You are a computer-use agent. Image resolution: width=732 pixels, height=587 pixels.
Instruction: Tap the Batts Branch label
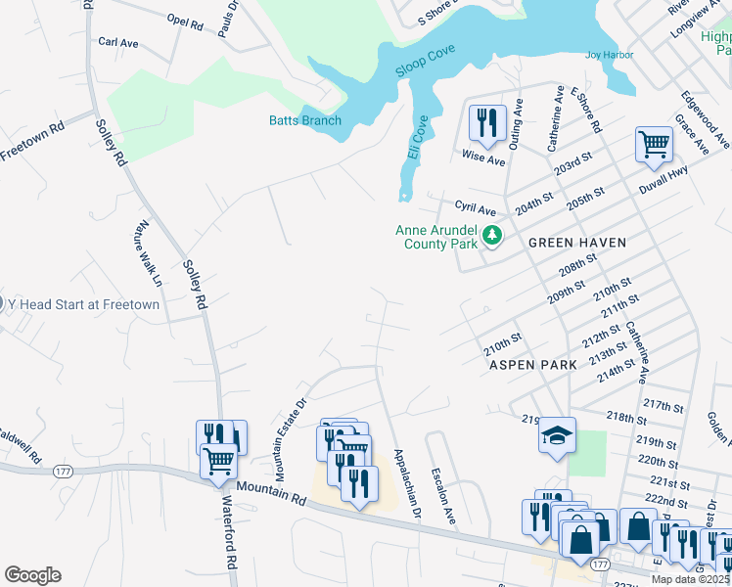(x=305, y=120)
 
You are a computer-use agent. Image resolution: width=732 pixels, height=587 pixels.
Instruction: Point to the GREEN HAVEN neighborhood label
(x=576, y=241)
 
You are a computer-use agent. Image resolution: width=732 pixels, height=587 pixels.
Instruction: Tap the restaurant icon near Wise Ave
(x=486, y=123)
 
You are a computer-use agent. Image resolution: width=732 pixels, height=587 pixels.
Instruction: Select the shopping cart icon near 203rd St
(x=654, y=145)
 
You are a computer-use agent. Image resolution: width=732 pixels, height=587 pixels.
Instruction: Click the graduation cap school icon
(x=557, y=435)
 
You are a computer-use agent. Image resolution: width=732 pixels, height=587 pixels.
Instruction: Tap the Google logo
(x=32, y=574)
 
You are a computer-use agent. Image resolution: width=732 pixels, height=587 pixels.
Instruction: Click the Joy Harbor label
(x=603, y=56)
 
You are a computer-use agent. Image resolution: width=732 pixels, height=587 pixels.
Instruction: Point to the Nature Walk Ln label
(x=143, y=258)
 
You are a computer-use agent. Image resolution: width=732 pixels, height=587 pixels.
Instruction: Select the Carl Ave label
(x=116, y=43)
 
